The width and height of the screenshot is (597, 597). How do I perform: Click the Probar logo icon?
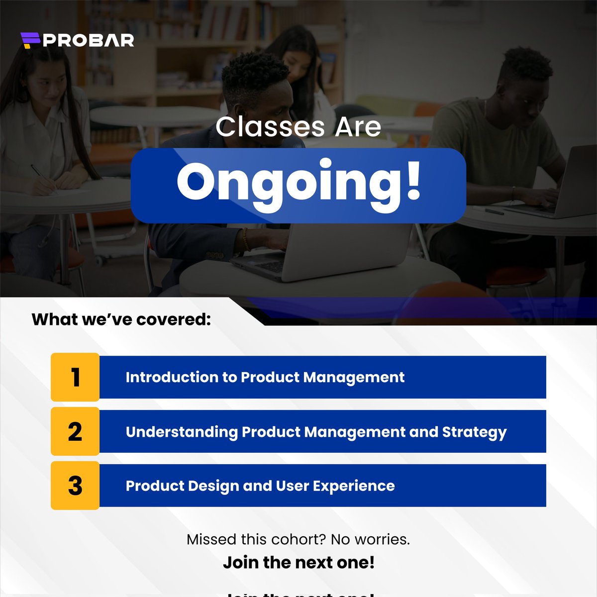[x=30, y=40]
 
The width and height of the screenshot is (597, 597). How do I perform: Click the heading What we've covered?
[x=121, y=319]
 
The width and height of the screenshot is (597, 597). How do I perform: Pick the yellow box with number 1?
[x=75, y=377]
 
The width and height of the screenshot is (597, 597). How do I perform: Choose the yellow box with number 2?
[x=75, y=431]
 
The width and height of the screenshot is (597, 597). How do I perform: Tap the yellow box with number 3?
[x=75, y=486]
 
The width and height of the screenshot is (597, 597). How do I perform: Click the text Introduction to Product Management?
[x=265, y=377]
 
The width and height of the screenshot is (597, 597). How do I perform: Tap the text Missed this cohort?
[x=256, y=539]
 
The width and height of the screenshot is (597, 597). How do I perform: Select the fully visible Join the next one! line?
[x=298, y=563]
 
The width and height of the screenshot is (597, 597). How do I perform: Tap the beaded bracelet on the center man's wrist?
[x=245, y=239]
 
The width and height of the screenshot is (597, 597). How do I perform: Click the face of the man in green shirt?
[x=527, y=85]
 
